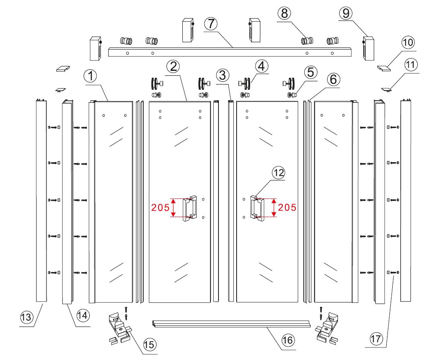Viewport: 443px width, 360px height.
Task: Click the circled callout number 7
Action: click(x=211, y=24)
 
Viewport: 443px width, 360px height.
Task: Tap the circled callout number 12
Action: click(x=278, y=172)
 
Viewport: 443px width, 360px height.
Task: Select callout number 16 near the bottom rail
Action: click(x=288, y=339)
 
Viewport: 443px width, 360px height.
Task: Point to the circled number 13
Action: click(x=27, y=317)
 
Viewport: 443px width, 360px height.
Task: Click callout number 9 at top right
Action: click(x=346, y=13)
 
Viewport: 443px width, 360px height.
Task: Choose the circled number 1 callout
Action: click(x=91, y=76)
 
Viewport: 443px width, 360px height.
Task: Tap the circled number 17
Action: click(x=376, y=338)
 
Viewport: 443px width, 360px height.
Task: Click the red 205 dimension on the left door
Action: click(x=160, y=207)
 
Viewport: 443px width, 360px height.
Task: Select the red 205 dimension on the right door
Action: click(x=287, y=207)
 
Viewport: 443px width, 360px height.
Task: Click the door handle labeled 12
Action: click(x=257, y=207)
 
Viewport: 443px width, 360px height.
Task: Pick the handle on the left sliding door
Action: click(x=190, y=208)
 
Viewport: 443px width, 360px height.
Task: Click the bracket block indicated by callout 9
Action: click(x=369, y=48)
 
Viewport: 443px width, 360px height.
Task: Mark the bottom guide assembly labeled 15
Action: click(x=120, y=328)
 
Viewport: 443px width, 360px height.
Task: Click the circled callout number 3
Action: click(x=223, y=76)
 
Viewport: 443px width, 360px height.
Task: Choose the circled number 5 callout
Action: click(x=311, y=72)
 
